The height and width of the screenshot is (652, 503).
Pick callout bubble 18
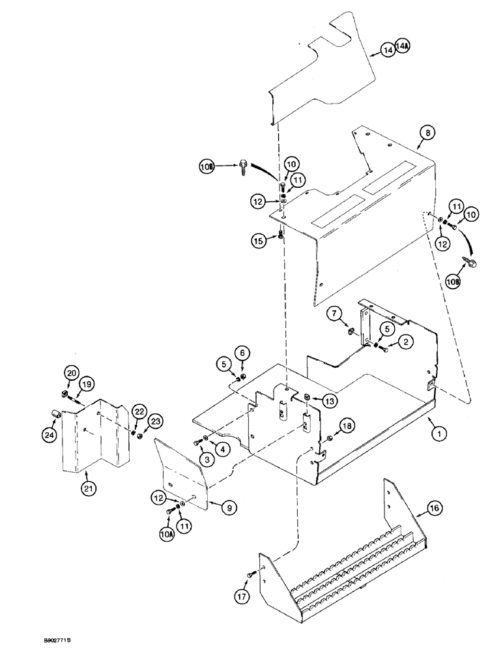tap(347, 425)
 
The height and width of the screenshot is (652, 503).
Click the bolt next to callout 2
tap(384, 350)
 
